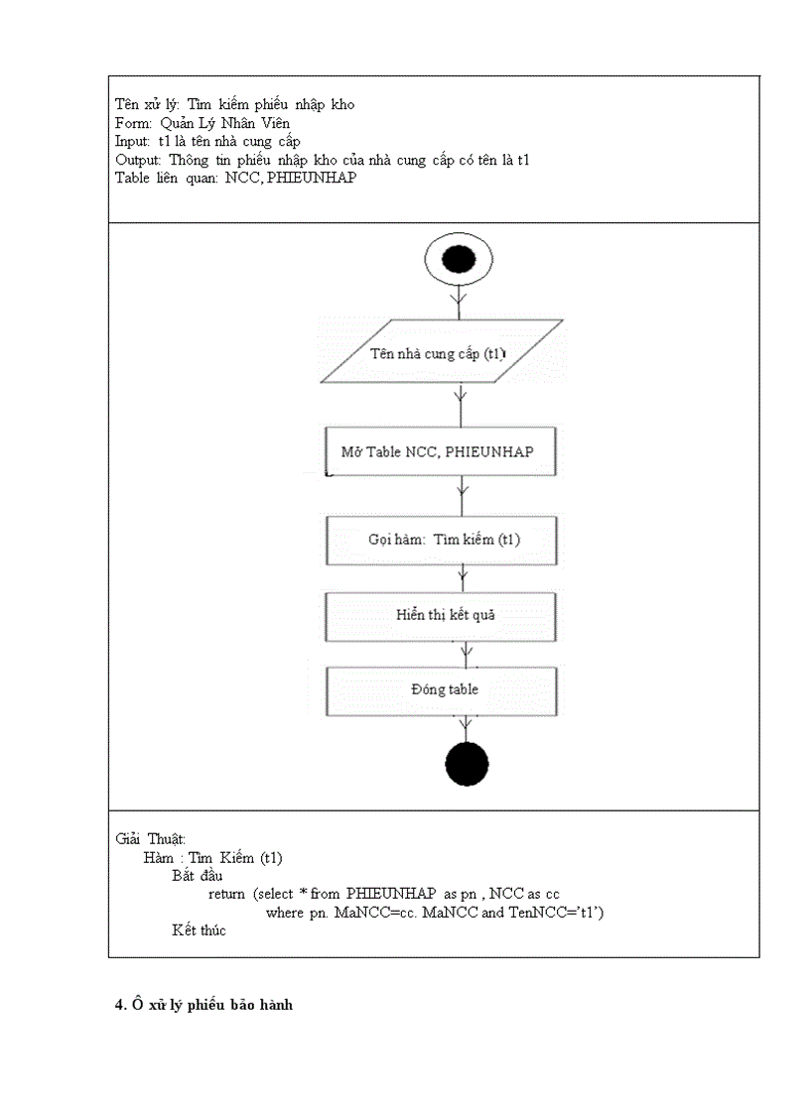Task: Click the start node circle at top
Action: pos(458,262)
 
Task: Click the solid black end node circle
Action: pos(467,764)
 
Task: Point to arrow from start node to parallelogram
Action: pos(458,302)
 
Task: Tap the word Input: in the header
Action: pos(133,142)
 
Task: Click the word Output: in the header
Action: pos(138,160)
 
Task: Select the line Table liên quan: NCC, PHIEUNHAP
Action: pos(235,179)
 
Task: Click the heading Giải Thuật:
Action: pos(150,839)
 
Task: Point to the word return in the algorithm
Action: pos(226,894)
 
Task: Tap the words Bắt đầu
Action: pos(197,876)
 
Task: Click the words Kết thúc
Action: pos(199,930)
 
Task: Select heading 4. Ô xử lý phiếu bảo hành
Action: pos(204,1005)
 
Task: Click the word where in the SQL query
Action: pos(286,912)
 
